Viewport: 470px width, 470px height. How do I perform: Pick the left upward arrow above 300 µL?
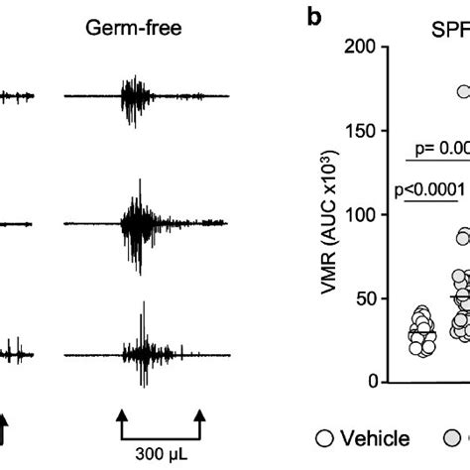(122, 415)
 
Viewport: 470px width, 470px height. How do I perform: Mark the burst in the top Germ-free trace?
(135, 95)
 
